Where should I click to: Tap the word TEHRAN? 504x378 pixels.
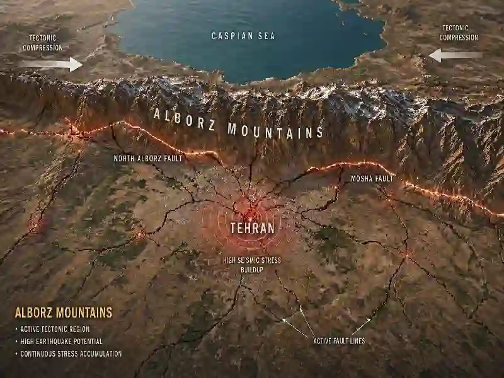pos(252,228)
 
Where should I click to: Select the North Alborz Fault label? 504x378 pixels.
pos(148,159)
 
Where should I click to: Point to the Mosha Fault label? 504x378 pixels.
pos(372,179)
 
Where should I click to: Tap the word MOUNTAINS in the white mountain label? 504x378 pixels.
pos(275,131)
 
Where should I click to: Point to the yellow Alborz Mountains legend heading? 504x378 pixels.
pos(64,312)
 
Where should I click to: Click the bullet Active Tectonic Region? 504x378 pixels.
pos(55,329)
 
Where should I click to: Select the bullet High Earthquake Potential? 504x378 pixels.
pos(60,341)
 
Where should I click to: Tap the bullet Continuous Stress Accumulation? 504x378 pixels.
pos(71,353)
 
